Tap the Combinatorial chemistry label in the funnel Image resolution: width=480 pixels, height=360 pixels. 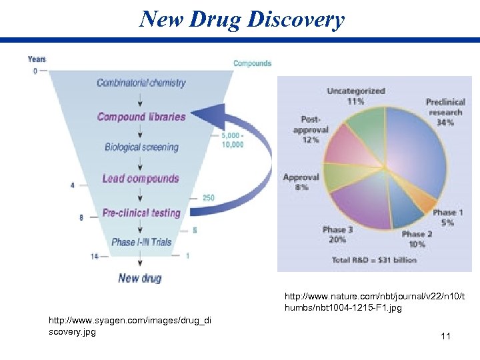coord(141,83)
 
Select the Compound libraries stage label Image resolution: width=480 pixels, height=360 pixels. coord(141,117)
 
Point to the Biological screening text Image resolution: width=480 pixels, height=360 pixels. coord(141,147)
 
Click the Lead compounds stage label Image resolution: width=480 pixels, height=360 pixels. coord(141,179)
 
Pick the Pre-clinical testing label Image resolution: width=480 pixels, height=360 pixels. coord(141,213)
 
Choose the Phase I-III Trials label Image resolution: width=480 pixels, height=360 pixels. coord(141,242)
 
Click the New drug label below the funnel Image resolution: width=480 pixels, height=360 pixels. coord(140,277)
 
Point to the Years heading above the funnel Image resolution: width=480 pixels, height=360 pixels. coord(37,59)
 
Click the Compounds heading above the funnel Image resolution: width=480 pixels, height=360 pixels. coord(252,63)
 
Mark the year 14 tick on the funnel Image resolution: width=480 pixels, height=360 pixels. coord(95,255)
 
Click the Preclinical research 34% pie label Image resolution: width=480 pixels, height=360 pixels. coord(445,112)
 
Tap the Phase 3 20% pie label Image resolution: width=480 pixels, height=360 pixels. coord(335,235)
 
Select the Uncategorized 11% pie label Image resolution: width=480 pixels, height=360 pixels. coord(356,96)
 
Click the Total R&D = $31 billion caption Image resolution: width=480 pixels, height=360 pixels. coord(374,259)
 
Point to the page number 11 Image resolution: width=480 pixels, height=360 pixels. coord(445,337)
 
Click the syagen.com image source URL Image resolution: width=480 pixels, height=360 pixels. coord(130,326)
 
